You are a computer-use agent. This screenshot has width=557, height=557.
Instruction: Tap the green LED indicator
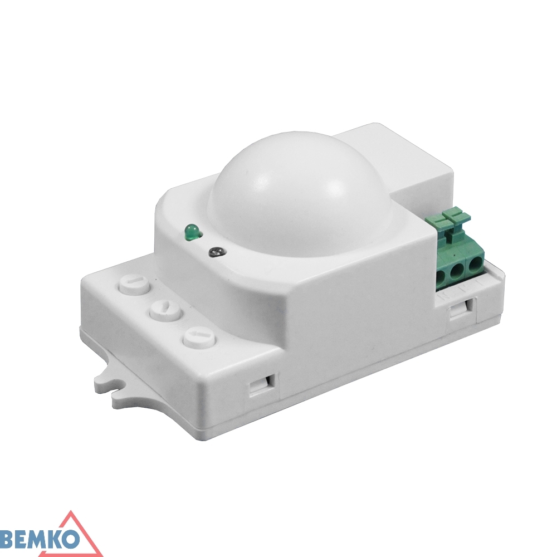click(x=191, y=231)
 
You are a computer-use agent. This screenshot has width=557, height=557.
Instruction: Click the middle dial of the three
click(x=164, y=311)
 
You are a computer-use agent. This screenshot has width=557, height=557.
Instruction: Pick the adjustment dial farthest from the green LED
click(x=198, y=338)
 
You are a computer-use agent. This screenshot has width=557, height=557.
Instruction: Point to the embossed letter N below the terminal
click(x=445, y=295)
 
